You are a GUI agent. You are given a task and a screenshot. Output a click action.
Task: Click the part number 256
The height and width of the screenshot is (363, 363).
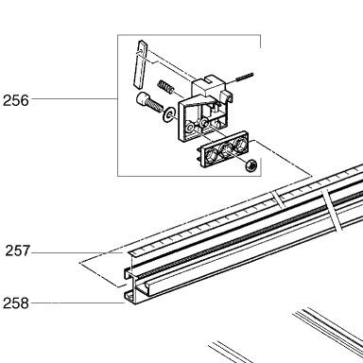[x=16, y=100]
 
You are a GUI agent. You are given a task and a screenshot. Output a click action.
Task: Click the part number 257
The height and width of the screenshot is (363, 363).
[x=18, y=251]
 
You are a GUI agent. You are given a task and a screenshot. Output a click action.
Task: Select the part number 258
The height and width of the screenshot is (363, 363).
[x=16, y=303]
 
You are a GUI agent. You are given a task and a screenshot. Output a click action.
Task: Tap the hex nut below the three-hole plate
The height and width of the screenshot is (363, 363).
[x=251, y=164]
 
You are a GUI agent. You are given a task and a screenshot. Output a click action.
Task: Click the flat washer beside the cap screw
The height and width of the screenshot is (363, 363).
[x=169, y=113]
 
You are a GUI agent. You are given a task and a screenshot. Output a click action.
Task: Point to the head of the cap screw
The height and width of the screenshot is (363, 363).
[x=144, y=99]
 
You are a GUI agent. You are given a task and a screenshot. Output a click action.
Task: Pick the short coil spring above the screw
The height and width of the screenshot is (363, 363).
[x=165, y=86]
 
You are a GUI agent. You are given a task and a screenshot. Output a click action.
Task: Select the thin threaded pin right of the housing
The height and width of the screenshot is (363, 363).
[x=245, y=78]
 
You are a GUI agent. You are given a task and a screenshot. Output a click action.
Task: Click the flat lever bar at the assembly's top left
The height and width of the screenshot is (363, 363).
[x=140, y=64]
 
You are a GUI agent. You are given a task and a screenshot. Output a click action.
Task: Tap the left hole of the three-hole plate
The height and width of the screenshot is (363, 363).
[x=211, y=155]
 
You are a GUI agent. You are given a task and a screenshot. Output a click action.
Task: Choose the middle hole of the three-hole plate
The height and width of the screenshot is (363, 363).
[x=226, y=149]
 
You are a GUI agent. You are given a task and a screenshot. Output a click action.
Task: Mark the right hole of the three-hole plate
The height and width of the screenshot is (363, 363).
[x=239, y=144]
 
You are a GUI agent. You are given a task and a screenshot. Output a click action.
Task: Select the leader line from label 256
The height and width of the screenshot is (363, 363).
[x=75, y=99]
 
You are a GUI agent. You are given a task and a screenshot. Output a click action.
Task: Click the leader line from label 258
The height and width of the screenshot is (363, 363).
[x=78, y=303]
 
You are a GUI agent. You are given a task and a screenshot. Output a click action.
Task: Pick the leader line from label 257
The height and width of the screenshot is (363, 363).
[x=77, y=252]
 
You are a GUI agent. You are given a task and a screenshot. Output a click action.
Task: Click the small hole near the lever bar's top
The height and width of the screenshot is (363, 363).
[x=141, y=50]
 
